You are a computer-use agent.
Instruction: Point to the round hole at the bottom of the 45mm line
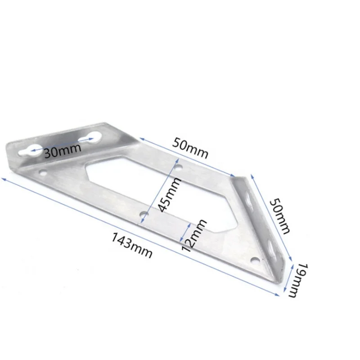pyautogui.click(x=143, y=215)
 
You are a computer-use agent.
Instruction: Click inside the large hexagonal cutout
pyautogui.click(x=135, y=180)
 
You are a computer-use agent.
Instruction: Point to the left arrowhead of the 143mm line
pyautogui.click(x=4, y=179)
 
